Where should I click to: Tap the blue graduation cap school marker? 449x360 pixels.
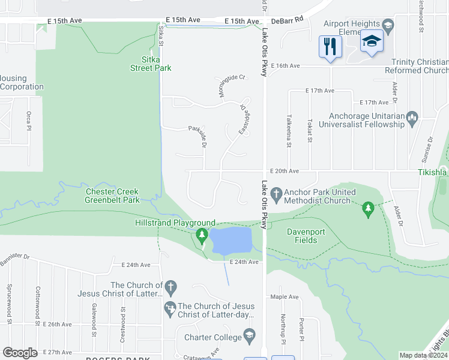372,41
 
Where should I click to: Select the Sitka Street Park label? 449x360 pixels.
151,64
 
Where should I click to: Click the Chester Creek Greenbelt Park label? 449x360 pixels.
112,196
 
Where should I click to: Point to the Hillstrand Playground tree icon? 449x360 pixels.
202,235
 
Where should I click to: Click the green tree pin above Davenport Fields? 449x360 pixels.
369,208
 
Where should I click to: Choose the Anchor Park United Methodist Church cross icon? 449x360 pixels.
276,193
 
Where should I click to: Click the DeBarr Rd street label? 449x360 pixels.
288,20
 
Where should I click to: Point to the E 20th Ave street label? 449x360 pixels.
285,170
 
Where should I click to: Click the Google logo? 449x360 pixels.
20,352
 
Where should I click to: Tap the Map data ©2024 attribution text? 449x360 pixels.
424,355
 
